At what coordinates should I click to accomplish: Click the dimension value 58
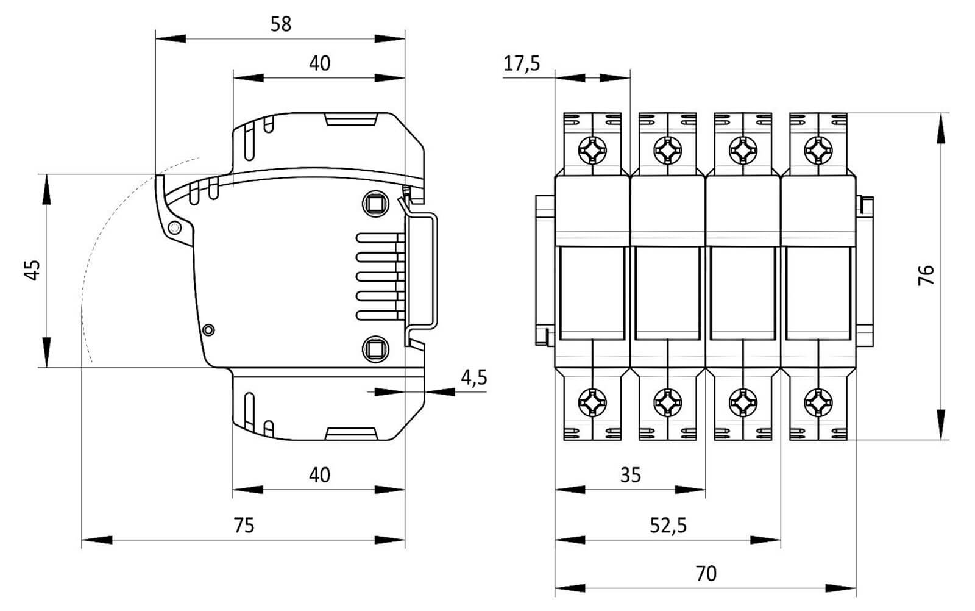[x=281, y=24]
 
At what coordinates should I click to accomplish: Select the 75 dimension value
[x=244, y=525]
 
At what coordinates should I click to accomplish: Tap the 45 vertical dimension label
[x=33, y=270]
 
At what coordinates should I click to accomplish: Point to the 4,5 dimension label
[x=473, y=377]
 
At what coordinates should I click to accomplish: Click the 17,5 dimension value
[x=522, y=63]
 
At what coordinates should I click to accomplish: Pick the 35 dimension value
[x=631, y=475]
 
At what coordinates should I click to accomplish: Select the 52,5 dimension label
[x=668, y=525]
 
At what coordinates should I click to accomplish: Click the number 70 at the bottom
[x=706, y=574]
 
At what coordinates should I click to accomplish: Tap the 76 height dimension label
[x=926, y=276]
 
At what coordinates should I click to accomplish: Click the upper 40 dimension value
[x=319, y=63]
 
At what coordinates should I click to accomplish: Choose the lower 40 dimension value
[x=319, y=475]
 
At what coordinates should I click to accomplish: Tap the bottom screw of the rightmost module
[x=818, y=402]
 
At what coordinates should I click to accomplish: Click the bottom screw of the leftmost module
[x=592, y=402]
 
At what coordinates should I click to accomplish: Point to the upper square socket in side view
[x=375, y=203]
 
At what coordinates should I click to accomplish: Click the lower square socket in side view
[x=375, y=349]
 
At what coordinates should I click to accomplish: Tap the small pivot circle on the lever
[x=174, y=228]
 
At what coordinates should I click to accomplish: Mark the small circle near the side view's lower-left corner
[x=208, y=330]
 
